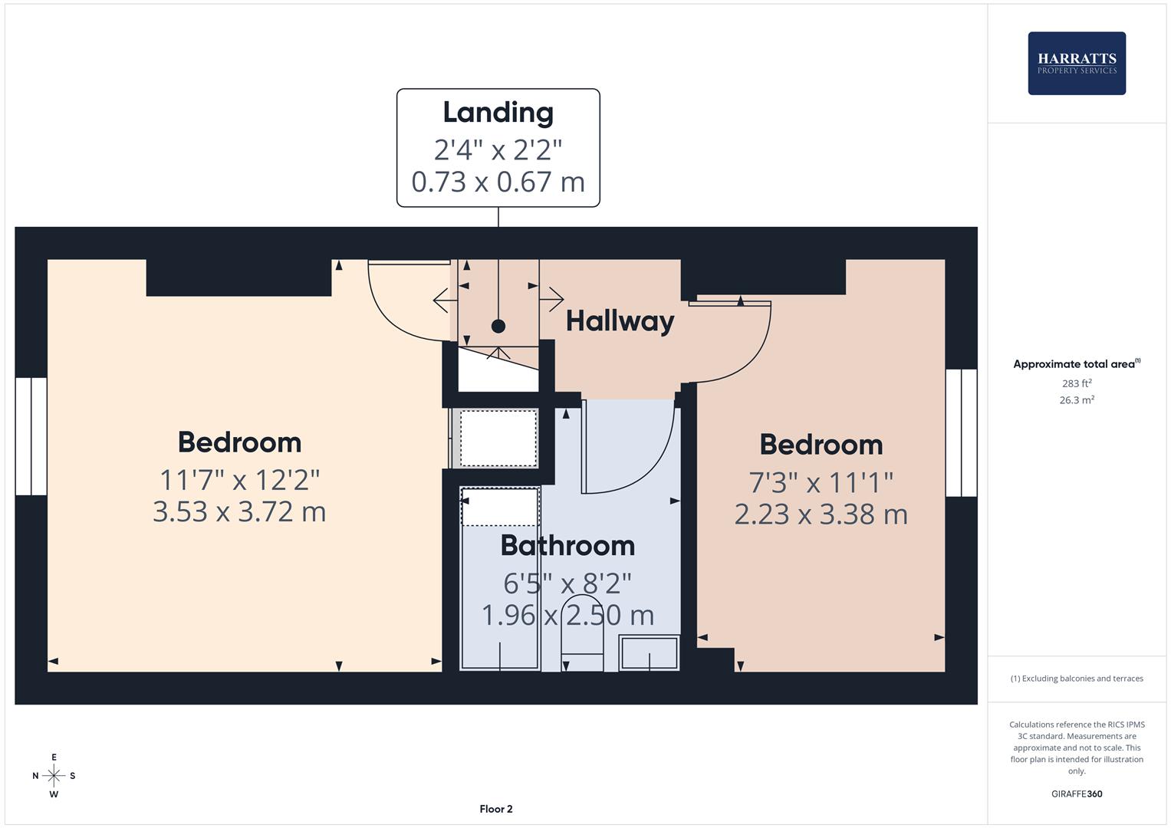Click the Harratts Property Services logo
point(1076,63)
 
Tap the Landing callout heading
point(498,113)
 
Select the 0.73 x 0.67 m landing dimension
point(498,182)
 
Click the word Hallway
point(620,320)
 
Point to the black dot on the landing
point(498,326)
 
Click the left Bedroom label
point(239,442)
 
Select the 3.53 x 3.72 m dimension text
point(239,511)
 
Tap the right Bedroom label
point(821,445)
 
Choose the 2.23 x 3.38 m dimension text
point(821,514)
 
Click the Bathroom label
point(567,545)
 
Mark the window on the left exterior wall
point(31,435)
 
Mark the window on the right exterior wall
point(961,432)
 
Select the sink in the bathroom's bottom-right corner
point(649,654)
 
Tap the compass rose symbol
point(54,776)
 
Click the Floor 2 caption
point(496,809)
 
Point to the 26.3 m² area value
point(1076,400)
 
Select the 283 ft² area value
point(1076,383)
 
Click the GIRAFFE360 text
point(1076,794)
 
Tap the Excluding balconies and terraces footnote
point(1076,678)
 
